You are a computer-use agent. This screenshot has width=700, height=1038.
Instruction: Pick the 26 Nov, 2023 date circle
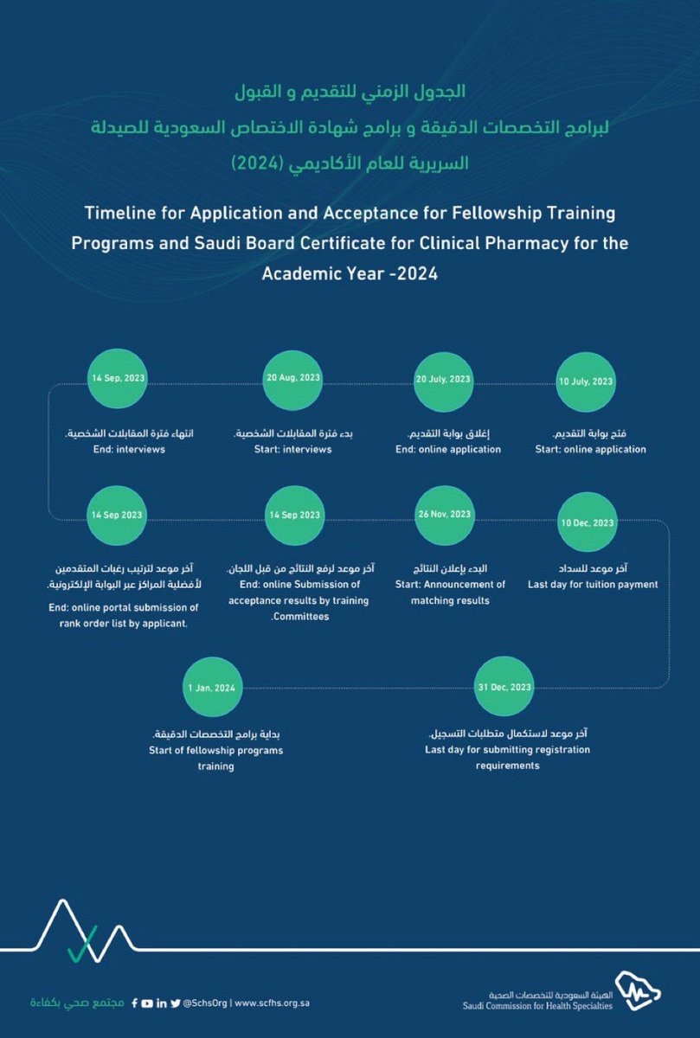click(x=445, y=515)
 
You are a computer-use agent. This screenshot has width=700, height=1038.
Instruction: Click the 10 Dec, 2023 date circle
click(x=588, y=523)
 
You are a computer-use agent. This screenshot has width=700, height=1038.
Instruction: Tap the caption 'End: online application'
click(x=448, y=449)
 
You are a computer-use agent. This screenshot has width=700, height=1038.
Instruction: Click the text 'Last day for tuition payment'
click(x=593, y=584)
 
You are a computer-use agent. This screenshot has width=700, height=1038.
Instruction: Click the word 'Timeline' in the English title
click(x=120, y=213)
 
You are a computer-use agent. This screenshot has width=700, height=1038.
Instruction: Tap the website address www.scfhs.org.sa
click(x=273, y=1003)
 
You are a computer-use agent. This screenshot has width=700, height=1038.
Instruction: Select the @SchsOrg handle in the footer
click(x=204, y=1003)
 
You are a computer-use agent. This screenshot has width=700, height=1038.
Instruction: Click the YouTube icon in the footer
click(x=148, y=1003)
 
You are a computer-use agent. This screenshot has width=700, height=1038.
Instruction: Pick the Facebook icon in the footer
click(x=134, y=1003)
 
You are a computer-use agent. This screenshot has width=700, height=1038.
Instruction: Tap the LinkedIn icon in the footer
click(x=162, y=1003)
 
